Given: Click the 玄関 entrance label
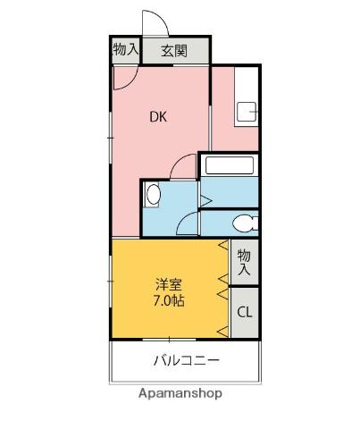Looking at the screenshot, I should pos(173,51).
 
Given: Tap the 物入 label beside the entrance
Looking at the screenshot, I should pos(125,50).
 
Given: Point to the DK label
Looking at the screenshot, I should pos(156,115).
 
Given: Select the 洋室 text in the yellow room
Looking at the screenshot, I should pos(168,285).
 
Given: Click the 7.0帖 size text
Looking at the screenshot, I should pos(168,301).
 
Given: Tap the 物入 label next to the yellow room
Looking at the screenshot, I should pos(245,261).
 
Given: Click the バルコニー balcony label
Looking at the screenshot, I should pos(186,361).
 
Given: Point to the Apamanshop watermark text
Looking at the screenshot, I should pos(180,393).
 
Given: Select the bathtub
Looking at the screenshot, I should pos(229,165).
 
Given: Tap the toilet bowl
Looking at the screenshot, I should pos(243,223).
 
